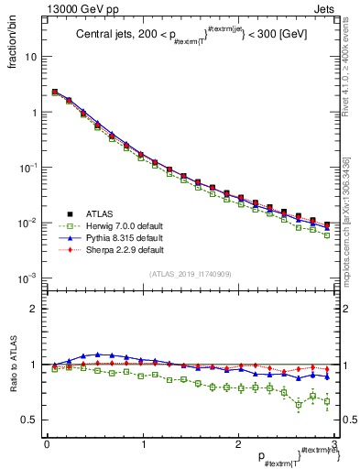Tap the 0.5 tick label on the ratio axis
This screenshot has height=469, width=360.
(29, 420)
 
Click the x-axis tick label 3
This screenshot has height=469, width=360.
(334, 444)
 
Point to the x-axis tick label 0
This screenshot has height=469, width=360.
(47, 444)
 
